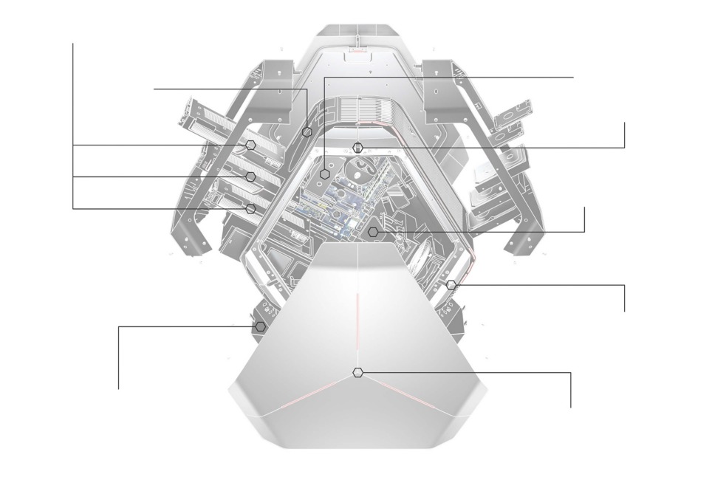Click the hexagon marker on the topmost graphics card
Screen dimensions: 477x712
pyautogui.click(x=251, y=145)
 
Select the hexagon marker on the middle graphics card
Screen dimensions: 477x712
pyautogui.click(x=251, y=176)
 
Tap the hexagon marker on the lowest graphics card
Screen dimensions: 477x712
pyautogui.click(x=251, y=209)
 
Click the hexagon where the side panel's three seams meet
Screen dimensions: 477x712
pyautogui.click(x=358, y=373)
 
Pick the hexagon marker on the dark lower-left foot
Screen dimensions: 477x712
pyautogui.click(x=261, y=326)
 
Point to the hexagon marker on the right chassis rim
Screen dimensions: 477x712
pyautogui.click(x=451, y=284)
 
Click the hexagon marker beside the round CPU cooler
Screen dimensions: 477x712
pyautogui.click(x=326, y=174)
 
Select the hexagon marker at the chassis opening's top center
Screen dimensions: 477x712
pyautogui.click(x=358, y=147)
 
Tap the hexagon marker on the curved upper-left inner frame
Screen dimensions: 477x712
pyautogui.click(x=307, y=132)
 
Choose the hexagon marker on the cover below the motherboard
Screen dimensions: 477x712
pyautogui.click(x=373, y=232)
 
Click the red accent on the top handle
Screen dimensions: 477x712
pyautogui.click(x=357, y=52)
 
